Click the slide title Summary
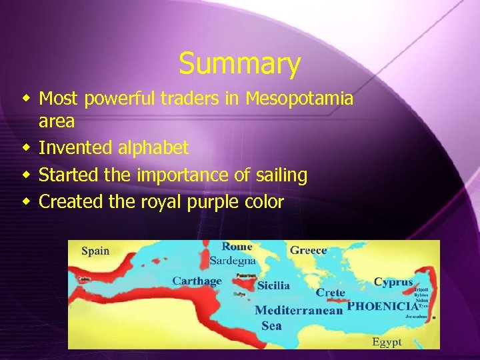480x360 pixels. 239,64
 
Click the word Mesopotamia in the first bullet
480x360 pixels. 299,99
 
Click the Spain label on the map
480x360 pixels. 95,251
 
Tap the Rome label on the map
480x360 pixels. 237,247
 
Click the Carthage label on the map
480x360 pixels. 197,281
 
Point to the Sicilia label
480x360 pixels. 273,285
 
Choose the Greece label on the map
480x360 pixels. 308,250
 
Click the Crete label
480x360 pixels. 330,293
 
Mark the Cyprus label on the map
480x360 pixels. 393,282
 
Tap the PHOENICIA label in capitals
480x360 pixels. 382,306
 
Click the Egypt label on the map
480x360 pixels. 387,342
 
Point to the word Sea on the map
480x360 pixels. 271,325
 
